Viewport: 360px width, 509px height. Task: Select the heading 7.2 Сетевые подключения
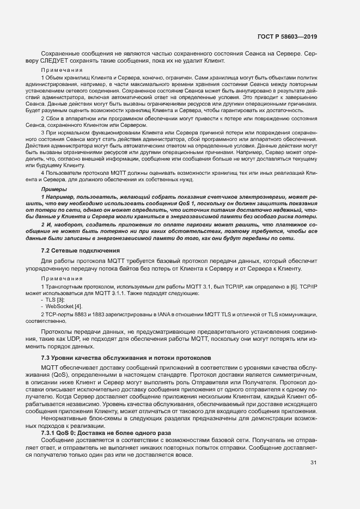(x=81, y=250)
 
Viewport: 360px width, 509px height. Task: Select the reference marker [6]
(x=295, y=287)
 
